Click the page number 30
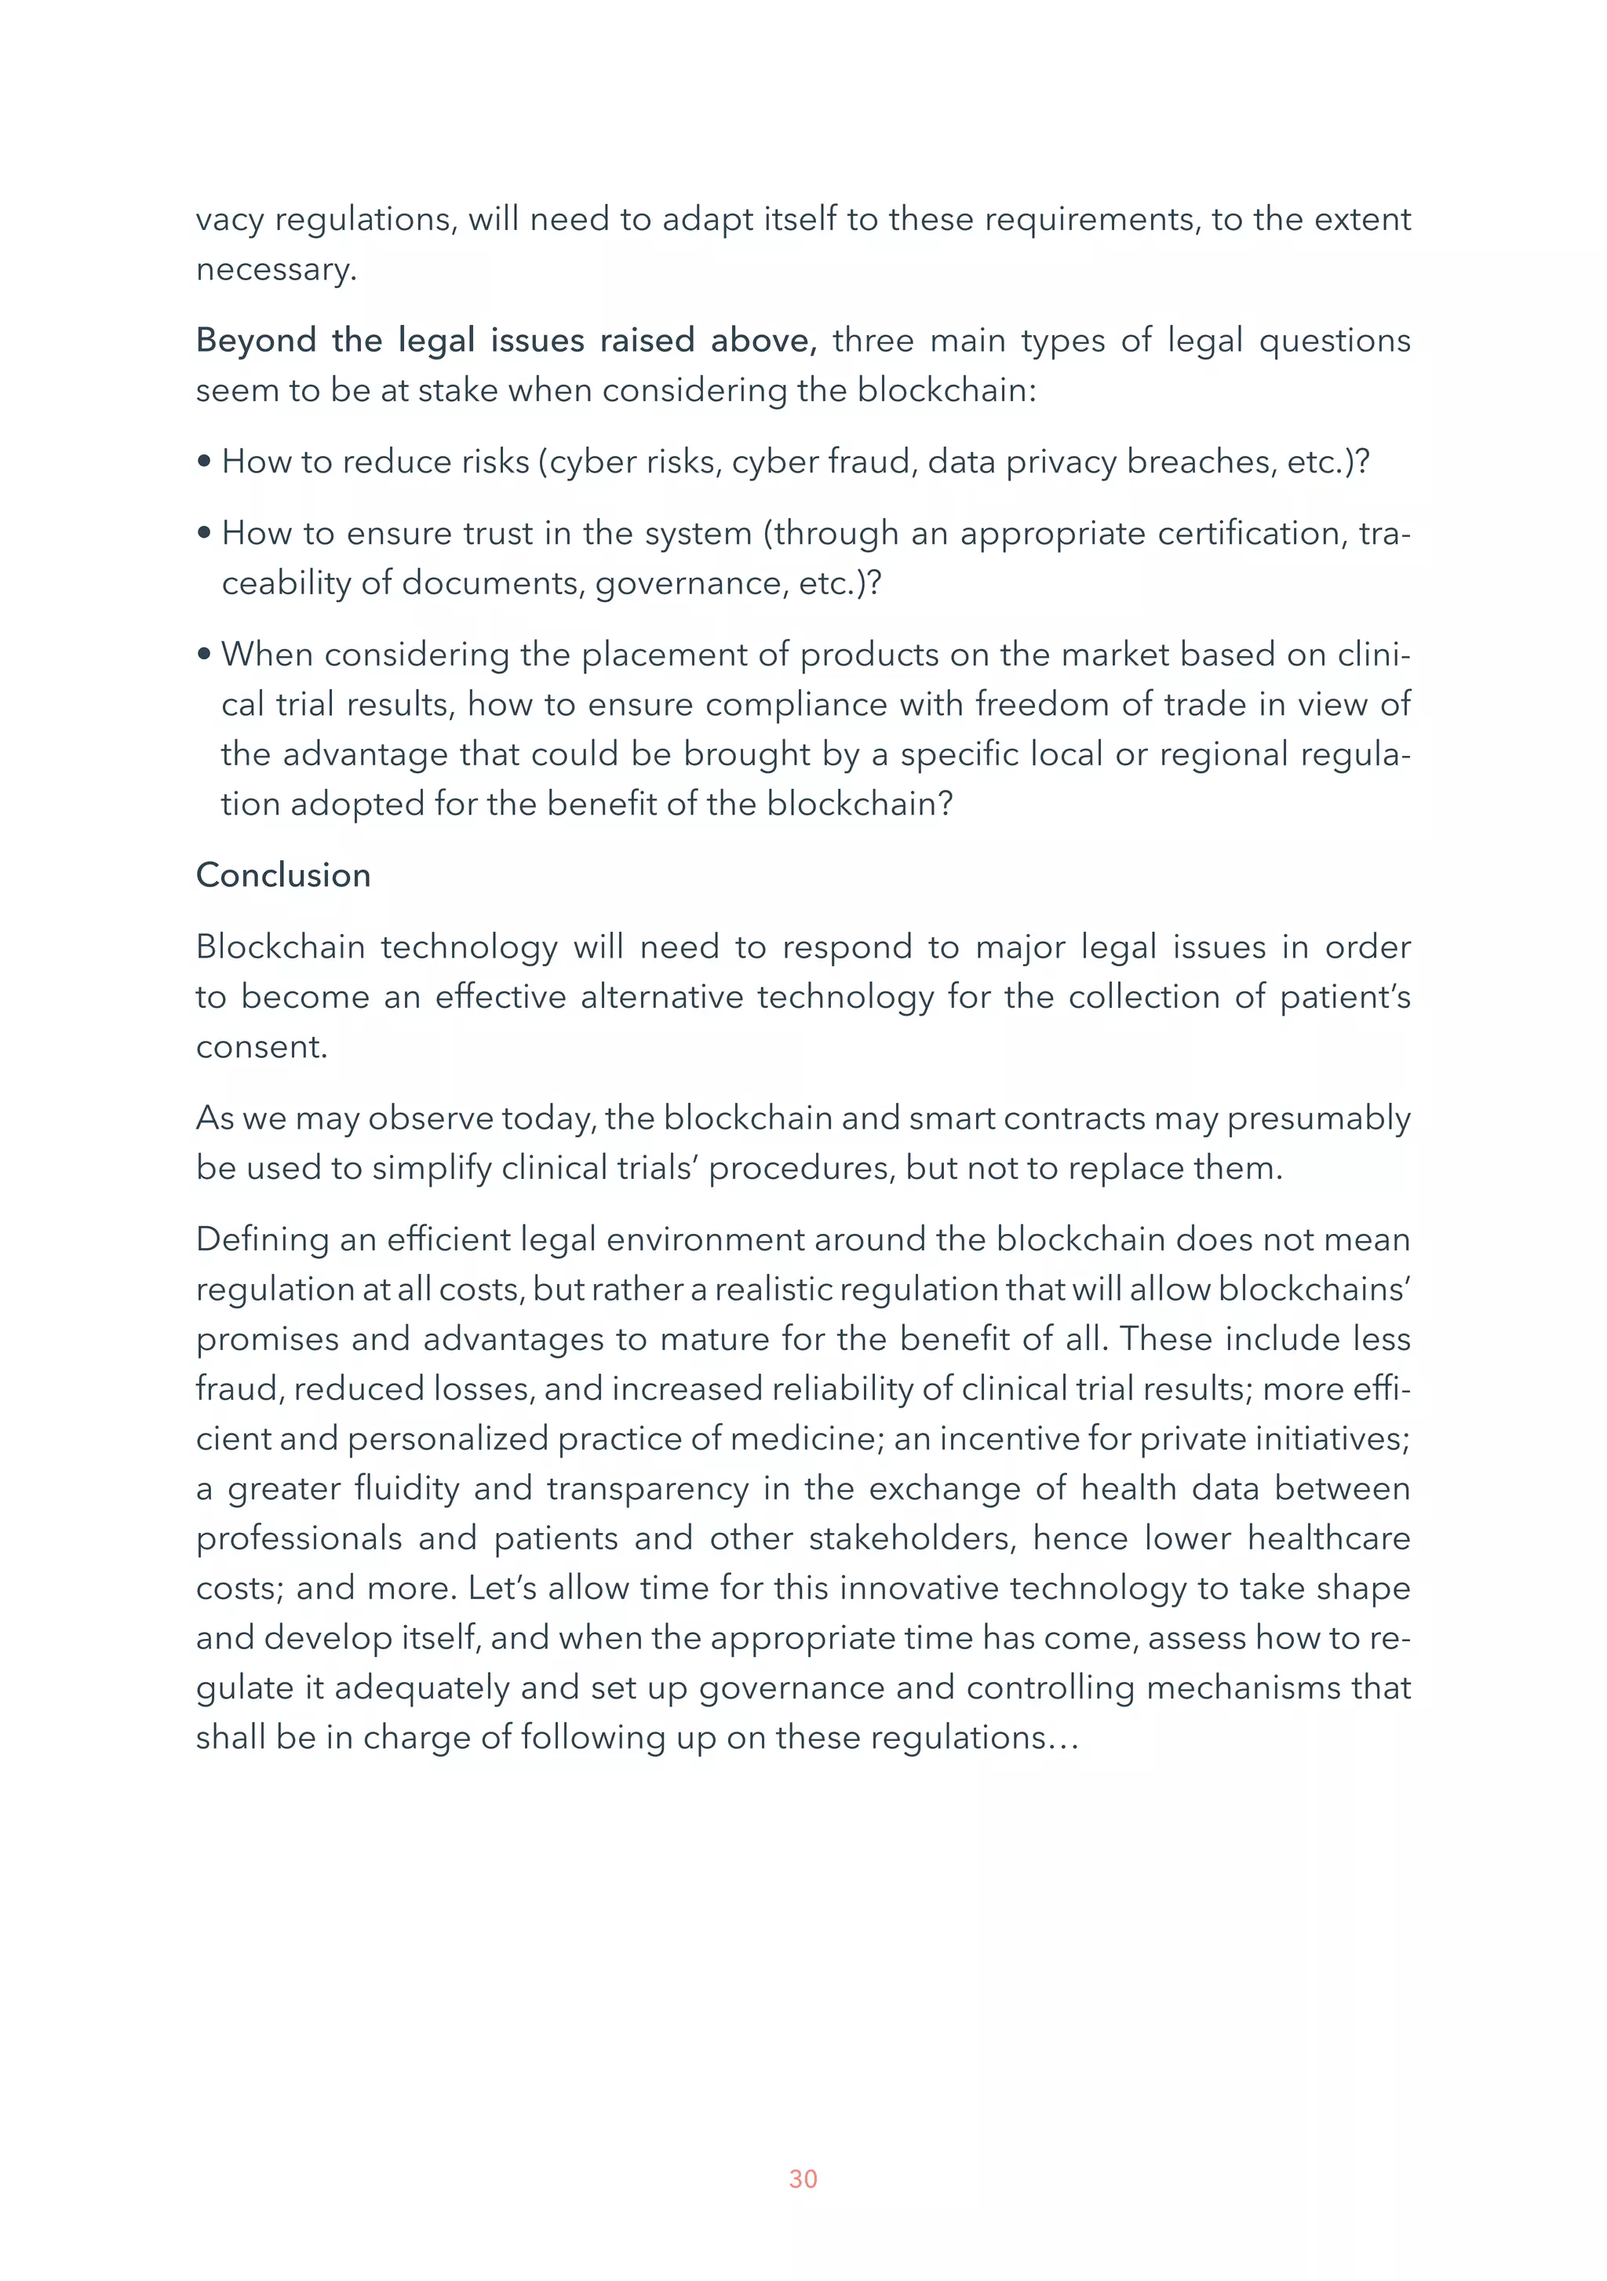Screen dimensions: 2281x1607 point(803,2179)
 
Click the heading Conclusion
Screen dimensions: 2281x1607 point(283,875)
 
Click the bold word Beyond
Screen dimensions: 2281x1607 point(255,341)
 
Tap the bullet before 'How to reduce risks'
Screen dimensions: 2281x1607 point(205,462)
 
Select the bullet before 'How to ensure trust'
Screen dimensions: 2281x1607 point(205,534)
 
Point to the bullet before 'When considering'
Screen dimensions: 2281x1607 point(205,655)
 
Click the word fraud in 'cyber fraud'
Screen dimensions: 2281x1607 point(872,462)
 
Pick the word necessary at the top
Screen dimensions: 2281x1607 point(275,269)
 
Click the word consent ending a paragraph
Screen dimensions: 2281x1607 point(261,1047)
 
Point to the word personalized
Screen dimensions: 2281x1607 point(448,1439)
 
